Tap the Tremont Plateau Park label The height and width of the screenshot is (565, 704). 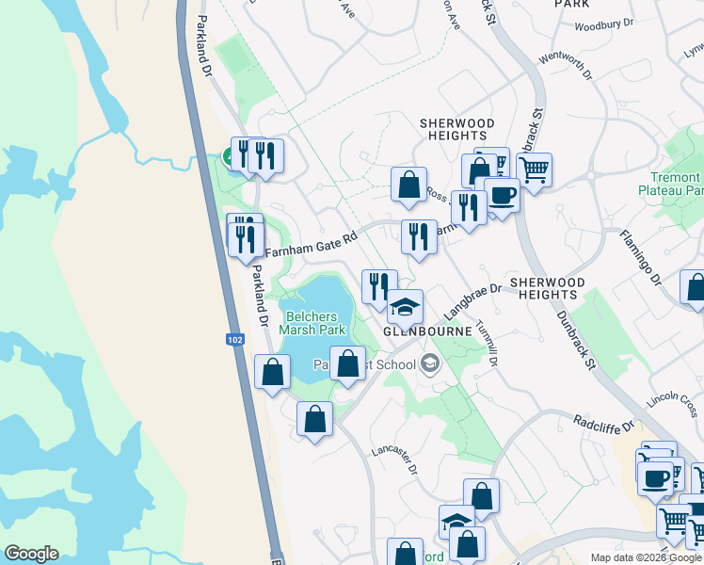pyautogui.click(x=674, y=184)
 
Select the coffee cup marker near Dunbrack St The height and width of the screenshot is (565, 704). pyautogui.click(x=501, y=196)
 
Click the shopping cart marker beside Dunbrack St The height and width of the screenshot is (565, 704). pyautogui.click(x=534, y=170)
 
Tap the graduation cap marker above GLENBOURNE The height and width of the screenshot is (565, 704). pyautogui.click(x=406, y=307)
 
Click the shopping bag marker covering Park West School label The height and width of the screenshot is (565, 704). pyautogui.click(x=347, y=363)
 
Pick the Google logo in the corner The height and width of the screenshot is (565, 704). pyautogui.click(x=31, y=554)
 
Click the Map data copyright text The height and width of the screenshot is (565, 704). pyautogui.click(x=646, y=557)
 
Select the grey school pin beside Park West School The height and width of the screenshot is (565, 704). pyautogui.click(x=430, y=363)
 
